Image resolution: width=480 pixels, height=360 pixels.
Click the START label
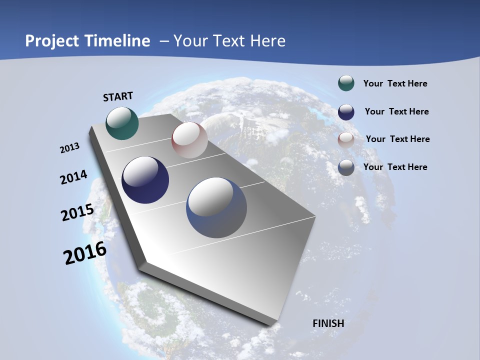coord(118,96)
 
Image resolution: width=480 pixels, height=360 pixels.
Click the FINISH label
coord(328,323)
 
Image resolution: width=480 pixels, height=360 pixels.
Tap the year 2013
coord(69,148)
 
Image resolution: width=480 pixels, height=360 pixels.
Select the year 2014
coord(73,177)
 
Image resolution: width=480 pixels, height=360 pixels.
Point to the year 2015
coord(77,212)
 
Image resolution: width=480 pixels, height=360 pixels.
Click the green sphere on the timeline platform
coord(122,123)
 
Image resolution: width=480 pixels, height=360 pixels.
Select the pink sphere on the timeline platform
coord(189,140)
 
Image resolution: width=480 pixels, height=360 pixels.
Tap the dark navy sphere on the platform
coord(145,180)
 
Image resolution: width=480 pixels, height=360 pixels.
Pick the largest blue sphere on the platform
coord(216,207)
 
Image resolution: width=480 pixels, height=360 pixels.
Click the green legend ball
coord(346,83)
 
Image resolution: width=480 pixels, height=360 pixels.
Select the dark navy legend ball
coord(346,111)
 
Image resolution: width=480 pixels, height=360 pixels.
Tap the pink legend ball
coord(346,139)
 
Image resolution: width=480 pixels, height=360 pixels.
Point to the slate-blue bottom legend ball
coord(346,167)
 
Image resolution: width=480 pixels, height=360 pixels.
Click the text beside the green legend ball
coord(395,83)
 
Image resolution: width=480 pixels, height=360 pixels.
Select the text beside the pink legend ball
coord(397,139)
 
